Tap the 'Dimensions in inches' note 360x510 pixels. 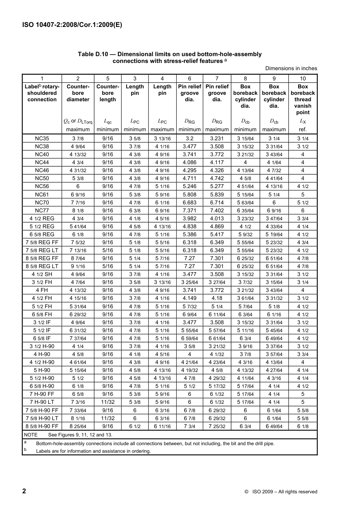tap(291, 69)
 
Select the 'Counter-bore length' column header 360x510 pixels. tap(108, 93)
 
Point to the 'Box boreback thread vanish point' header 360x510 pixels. tap(302, 99)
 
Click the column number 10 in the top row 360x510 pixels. tap(302, 78)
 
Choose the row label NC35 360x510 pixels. tap(42, 138)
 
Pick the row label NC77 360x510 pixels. tap(42, 210)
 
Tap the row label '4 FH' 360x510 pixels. tap(42, 290)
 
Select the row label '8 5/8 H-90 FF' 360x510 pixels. tap(42, 426)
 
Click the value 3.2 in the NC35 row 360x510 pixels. tap(189, 138)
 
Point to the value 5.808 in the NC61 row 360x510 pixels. tap(189, 195)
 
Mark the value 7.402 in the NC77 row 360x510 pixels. tap(217, 210)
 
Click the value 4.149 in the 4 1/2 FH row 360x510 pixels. tap(189, 298)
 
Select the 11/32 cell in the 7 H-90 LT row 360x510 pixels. tap(108, 402)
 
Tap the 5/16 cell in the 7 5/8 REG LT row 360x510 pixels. tap(108, 250)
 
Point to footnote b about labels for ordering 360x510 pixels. tap(93, 451)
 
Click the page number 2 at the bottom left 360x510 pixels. tap(24, 491)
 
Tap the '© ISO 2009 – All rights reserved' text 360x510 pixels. tap(281, 492)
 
